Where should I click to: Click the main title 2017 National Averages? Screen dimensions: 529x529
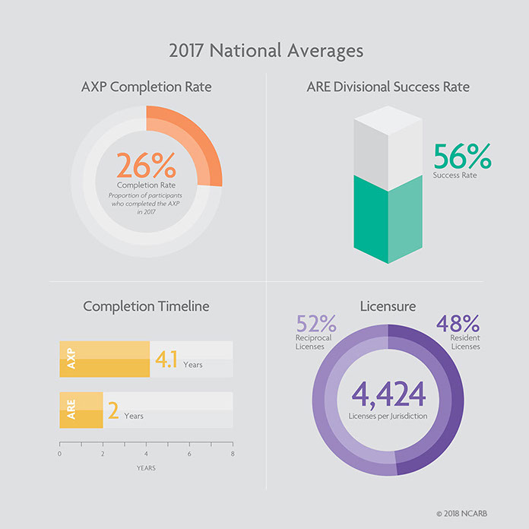[264, 52]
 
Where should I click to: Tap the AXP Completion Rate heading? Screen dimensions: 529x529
[146, 87]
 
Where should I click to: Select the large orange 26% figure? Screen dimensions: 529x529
[145, 166]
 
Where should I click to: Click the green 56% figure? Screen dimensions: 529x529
[462, 157]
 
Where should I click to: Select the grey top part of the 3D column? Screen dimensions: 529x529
[388, 141]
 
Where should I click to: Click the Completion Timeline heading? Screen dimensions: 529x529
[146, 306]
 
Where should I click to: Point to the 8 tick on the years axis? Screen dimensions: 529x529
[233, 454]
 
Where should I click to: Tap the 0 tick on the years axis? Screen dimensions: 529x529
[59, 454]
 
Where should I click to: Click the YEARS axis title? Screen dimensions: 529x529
[146, 467]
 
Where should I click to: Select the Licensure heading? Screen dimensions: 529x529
[388, 306]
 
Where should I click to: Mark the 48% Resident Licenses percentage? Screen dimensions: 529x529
[458, 325]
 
